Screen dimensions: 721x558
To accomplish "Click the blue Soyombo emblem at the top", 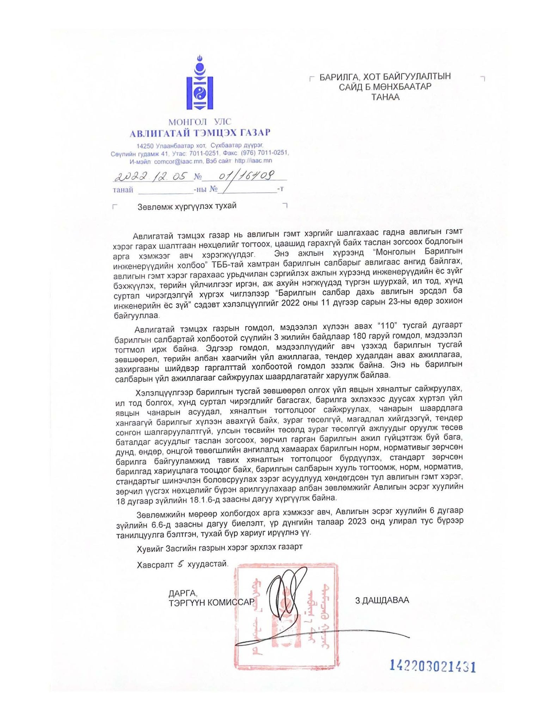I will (200, 83).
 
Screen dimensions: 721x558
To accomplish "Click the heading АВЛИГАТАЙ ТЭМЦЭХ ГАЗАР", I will (200, 133).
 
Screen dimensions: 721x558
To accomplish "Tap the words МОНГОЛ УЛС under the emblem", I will (200, 122).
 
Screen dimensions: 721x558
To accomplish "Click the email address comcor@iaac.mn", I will (178, 161).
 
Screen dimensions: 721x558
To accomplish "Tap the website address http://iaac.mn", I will (253, 161).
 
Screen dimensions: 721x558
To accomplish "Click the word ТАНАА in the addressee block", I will (385, 97).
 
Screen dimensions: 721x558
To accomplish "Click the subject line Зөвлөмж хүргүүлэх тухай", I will (187, 206).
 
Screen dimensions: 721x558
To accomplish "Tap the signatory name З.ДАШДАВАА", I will (382, 600).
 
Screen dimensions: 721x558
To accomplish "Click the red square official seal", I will (286, 616).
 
